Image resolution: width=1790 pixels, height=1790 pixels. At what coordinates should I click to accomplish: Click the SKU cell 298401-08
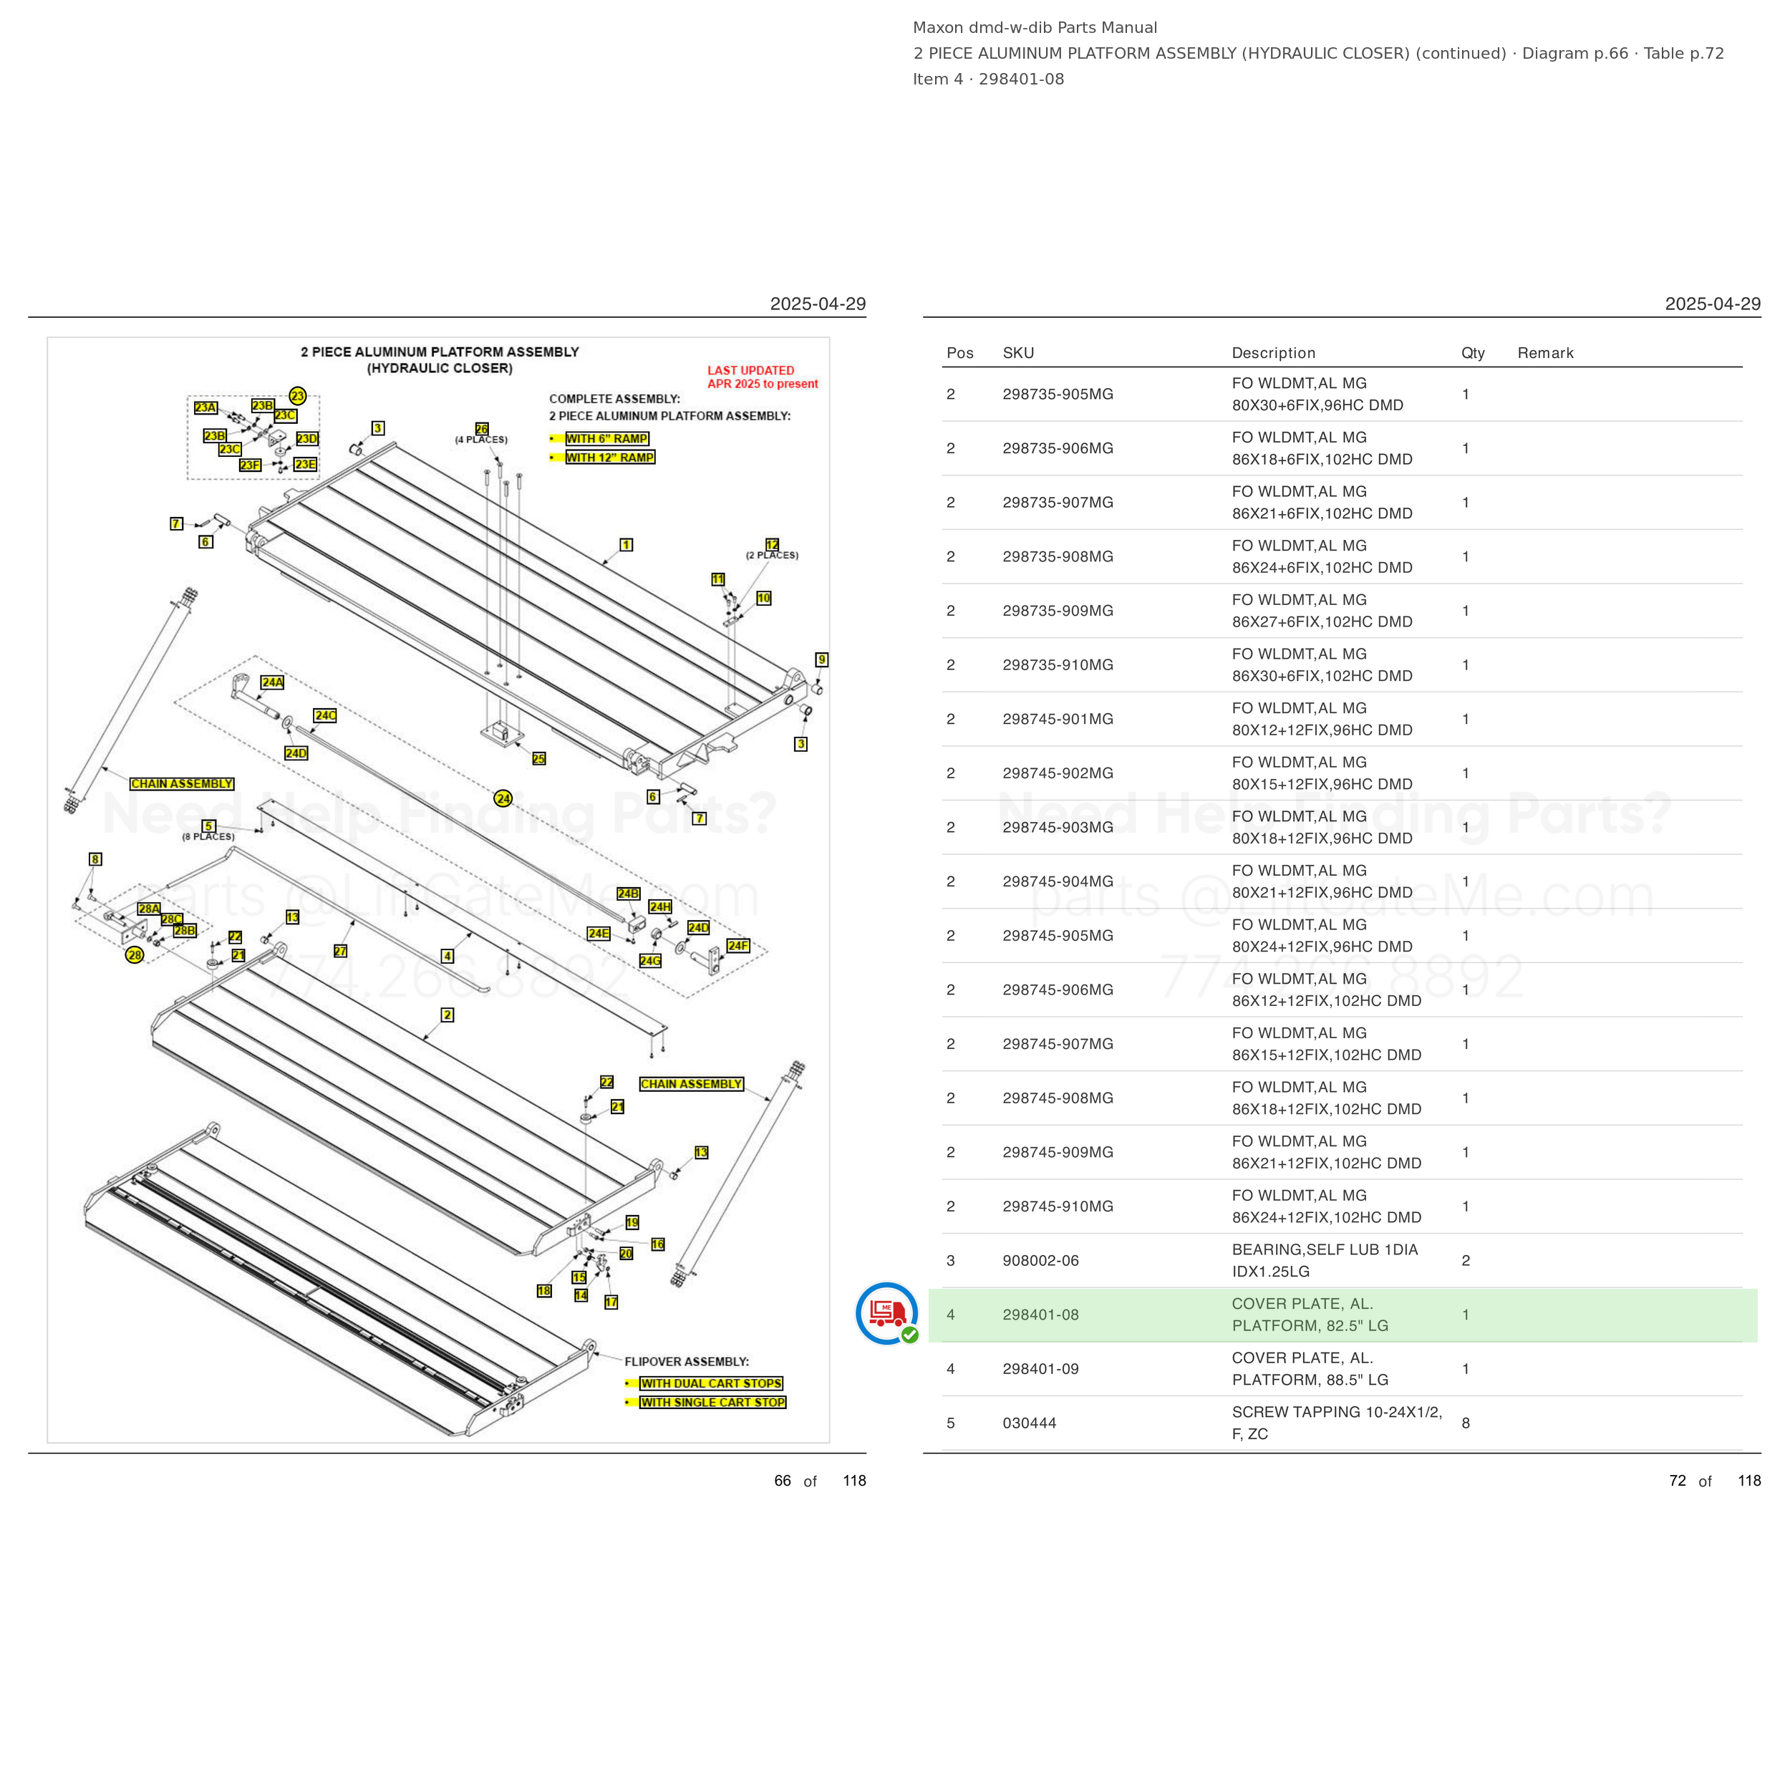point(1040,1315)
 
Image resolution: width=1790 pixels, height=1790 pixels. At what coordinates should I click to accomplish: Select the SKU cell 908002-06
point(1040,1260)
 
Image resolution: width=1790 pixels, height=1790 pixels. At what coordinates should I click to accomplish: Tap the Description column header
point(1273,353)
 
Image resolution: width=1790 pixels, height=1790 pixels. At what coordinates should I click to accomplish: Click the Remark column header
point(1545,353)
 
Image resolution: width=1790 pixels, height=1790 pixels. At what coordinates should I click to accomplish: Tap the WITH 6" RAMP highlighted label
point(607,438)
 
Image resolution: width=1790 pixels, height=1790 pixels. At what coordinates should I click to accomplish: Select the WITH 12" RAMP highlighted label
point(609,458)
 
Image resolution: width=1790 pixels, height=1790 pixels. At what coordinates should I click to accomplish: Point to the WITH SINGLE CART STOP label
point(712,1403)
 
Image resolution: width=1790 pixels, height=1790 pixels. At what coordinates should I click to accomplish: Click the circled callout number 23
point(297,396)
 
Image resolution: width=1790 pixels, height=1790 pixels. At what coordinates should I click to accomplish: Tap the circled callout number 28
point(135,955)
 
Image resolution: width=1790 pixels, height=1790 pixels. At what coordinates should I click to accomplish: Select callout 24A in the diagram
point(272,682)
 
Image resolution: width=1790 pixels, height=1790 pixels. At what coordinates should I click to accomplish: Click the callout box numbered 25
point(539,759)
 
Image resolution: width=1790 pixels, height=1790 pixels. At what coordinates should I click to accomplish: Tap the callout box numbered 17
point(611,1302)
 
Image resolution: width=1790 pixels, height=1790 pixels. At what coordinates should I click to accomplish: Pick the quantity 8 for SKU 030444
point(1466,1423)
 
